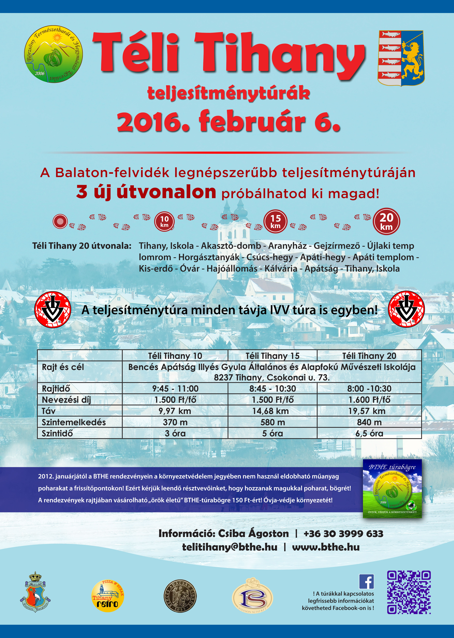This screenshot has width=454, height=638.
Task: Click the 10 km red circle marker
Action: pos(164,221)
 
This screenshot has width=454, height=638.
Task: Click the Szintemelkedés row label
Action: pos(74,422)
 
